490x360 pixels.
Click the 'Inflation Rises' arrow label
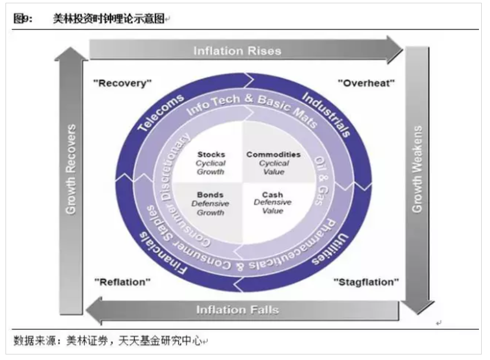(237, 51)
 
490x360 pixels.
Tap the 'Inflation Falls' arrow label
(238, 309)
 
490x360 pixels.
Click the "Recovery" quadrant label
(122, 83)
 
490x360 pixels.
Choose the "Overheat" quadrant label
(366, 83)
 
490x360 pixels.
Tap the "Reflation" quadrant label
(122, 282)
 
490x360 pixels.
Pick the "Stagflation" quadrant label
(366, 282)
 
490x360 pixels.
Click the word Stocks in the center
(211, 155)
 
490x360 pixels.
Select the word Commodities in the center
(273, 155)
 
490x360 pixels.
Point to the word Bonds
(210, 195)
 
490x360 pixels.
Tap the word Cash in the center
(273, 195)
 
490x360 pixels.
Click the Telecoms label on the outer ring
(160, 113)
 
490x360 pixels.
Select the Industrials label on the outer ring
(327, 113)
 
